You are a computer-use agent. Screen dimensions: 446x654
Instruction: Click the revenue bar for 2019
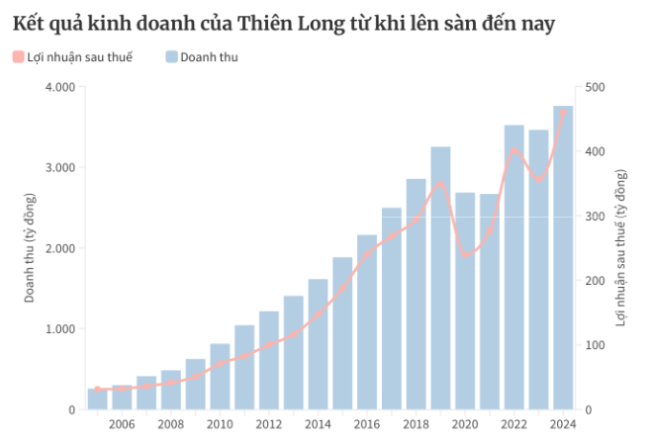[x=440, y=287]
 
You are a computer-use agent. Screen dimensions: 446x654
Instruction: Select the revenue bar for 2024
[x=563, y=267]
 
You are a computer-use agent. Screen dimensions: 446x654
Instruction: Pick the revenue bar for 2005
[x=97, y=400]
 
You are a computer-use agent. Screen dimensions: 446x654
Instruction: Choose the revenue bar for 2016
[x=367, y=326]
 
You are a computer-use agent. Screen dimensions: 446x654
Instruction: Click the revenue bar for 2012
[x=269, y=366]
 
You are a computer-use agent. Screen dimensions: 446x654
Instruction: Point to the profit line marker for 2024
[x=563, y=113]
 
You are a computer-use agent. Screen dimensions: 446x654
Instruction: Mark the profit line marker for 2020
[x=465, y=255]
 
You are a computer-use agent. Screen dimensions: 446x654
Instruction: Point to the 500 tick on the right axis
[x=596, y=87]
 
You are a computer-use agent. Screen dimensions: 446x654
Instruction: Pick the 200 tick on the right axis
[x=596, y=281]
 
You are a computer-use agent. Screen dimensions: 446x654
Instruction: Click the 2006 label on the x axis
[x=122, y=424]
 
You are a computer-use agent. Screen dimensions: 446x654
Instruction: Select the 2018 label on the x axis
[x=416, y=424]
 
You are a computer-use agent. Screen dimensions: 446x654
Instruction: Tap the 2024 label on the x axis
[x=563, y=424]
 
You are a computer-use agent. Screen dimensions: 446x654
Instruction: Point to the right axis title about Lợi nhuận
[x=621, y=248]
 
